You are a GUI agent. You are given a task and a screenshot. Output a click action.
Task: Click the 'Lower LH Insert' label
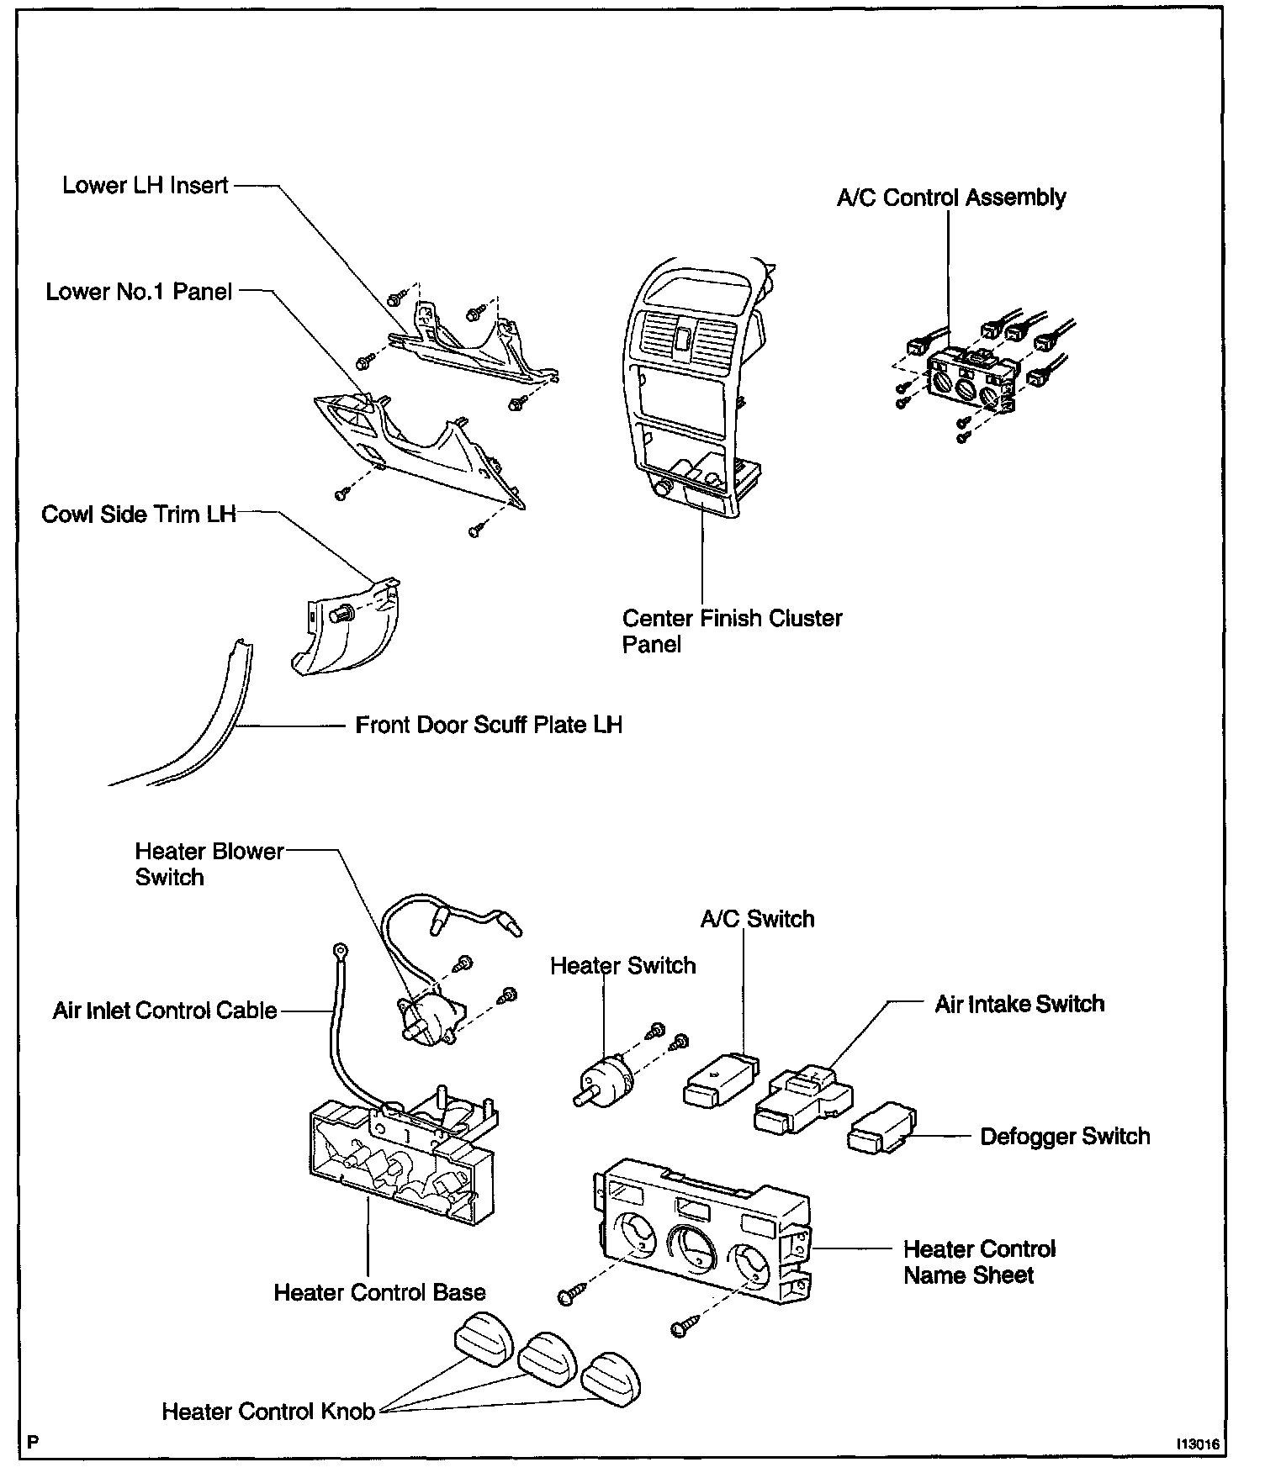click(145, 185)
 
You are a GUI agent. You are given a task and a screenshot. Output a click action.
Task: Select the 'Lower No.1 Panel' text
click(139, 292)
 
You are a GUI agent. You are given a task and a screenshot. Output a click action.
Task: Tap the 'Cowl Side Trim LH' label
click(139, 514)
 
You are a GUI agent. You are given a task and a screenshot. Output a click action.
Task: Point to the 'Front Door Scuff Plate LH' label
click(488, 725)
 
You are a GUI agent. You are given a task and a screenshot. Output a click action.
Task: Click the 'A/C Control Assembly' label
click(951, 198)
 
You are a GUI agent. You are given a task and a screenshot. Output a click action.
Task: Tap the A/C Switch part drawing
click(720, 1082)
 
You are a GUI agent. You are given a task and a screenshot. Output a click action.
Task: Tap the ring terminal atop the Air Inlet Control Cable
click(340, 952)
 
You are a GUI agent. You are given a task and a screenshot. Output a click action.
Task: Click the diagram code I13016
click(1198, 1444)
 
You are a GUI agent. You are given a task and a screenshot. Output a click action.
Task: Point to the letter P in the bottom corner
click(32, 1443)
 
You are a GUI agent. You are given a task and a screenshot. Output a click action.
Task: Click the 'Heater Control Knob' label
click(268, 1412)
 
